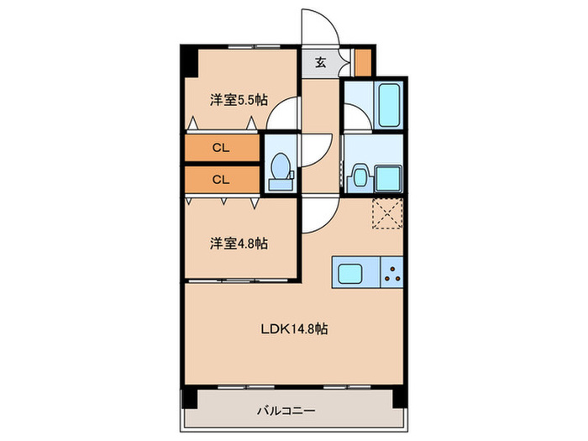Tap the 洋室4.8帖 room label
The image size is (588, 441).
239,244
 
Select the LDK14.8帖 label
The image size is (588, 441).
292,328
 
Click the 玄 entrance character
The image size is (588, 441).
321,61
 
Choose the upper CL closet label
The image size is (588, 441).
220,148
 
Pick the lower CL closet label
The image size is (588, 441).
220,179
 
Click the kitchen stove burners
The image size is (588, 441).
391,271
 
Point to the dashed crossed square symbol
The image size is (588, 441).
388,215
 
